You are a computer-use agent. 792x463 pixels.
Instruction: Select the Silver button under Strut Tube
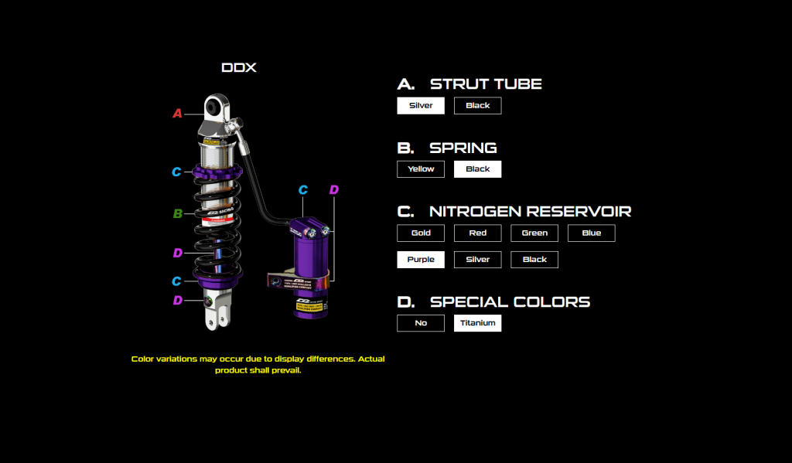point(421,106)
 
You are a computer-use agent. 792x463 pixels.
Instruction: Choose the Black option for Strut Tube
point(477,106)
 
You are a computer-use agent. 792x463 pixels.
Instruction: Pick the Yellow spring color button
point(421,169)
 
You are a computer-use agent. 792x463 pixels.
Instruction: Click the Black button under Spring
point(477,169)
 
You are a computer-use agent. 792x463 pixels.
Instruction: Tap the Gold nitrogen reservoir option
point(421,233)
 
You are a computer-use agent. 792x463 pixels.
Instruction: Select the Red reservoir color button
point(477,233)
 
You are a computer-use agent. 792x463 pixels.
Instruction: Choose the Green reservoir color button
point(534,233)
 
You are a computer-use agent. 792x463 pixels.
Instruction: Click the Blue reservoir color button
point(592,233)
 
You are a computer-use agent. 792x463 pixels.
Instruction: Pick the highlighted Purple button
point(421,260)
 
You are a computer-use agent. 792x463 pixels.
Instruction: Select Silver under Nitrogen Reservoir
point(477,260)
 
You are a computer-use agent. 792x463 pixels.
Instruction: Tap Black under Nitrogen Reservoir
point(534,260)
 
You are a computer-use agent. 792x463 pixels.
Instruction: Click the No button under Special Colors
point(421,323)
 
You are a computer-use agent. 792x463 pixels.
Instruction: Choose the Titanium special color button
point(477,323)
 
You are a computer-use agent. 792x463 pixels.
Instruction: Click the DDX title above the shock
point(239,68)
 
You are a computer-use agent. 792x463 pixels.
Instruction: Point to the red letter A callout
point(177,114)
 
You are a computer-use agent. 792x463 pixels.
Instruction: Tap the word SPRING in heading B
point(463,148)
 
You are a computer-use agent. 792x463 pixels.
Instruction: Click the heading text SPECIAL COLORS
point(510,301)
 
